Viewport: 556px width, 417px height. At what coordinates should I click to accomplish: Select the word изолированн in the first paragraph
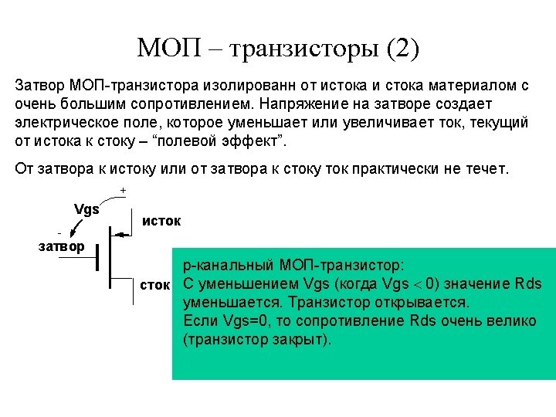tap(249, 84)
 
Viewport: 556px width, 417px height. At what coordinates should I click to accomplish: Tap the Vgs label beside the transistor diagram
tap(86, 208)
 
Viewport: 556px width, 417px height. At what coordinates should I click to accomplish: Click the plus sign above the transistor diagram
tap(123, 190)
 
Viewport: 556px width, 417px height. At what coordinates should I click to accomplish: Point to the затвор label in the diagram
tap(62, 246)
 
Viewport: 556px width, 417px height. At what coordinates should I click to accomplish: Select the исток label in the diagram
tap(161, 221)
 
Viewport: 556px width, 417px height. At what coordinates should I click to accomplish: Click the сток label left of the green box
tap(154, 284)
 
